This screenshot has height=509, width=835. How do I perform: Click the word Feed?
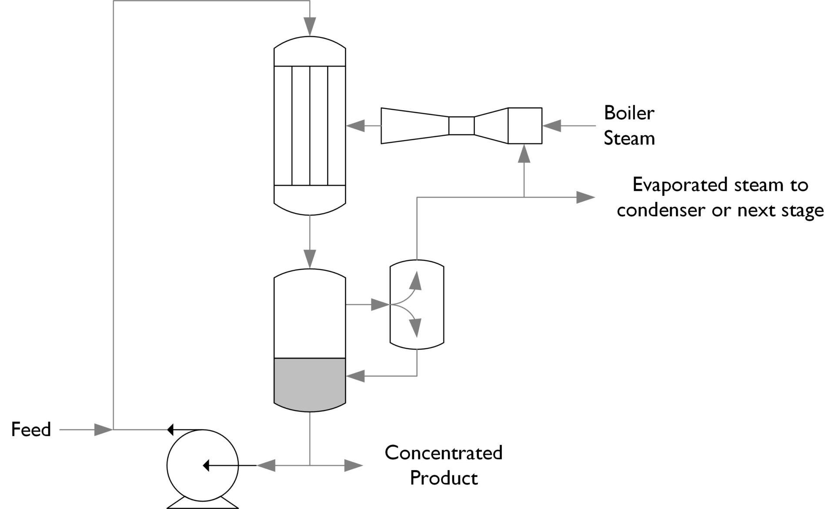(x=31, y=429)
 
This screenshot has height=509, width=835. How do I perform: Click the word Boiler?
(x=629, y=113)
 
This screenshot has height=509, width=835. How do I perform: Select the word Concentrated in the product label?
(x=443, y=453)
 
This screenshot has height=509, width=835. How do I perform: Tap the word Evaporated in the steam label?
(x=681, y=185)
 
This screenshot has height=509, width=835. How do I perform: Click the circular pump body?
(x=202, y=465)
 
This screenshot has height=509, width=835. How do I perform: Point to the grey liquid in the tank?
(x=310, y=383)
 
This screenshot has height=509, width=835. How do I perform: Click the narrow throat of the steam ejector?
(x=461, y=126)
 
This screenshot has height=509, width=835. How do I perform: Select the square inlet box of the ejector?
(x=525, y=126)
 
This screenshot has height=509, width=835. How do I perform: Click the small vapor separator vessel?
(x=428, y=305)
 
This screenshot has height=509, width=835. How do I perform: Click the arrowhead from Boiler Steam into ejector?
(x=551, y=126)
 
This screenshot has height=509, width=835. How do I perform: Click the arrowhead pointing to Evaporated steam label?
(x=585, y=197)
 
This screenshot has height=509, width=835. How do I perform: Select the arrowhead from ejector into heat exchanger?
(x=355, y=126)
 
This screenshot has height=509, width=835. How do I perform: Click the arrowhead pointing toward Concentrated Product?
(x=353, y=465)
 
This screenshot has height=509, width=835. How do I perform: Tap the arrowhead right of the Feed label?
(x=103, y=429)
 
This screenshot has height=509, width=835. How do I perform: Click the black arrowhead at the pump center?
(x=207, y=465)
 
